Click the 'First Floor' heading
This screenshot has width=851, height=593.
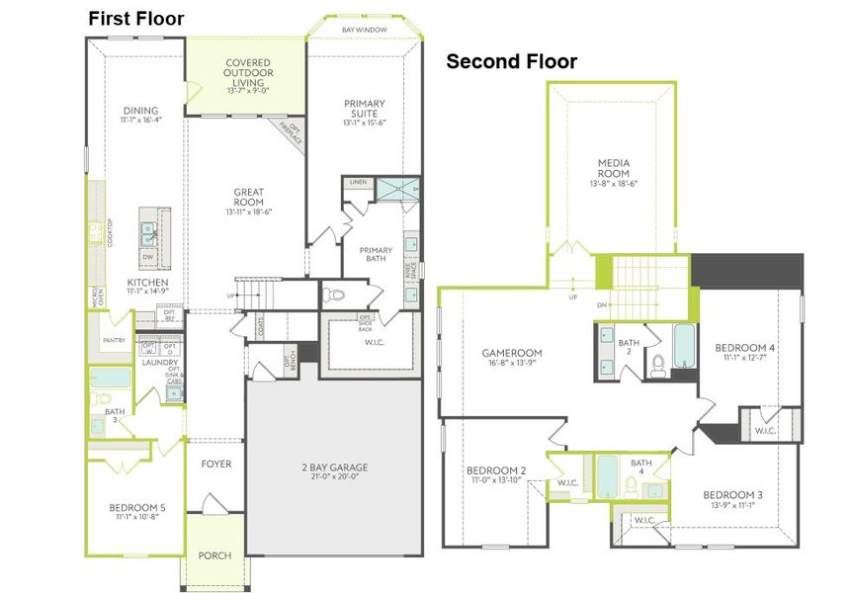point(135,18)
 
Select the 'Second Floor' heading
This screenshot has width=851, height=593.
point(511,61)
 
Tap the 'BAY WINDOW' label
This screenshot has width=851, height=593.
point(364,30)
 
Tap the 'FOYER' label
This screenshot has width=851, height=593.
point(215,464)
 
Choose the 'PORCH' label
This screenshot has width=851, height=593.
point(214,555)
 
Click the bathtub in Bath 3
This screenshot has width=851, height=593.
point(108,379)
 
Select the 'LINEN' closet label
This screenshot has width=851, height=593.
point(358,182)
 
